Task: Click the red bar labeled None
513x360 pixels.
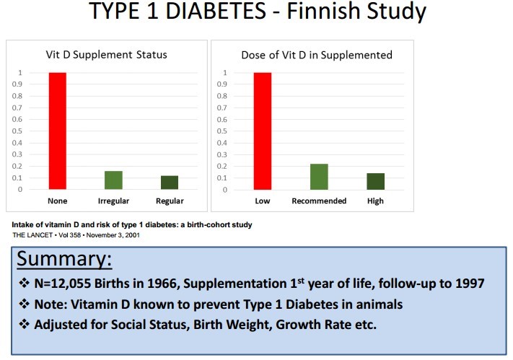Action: click(x=57, y=131)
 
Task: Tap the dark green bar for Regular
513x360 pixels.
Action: click(x=170, y=183)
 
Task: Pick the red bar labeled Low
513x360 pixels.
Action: click(x=262, y=131)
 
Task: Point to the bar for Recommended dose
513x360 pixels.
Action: click(x=319, y=177)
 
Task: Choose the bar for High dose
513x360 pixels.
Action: click(x=375, y=182)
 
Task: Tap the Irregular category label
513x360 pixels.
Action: click(x=113, y=201)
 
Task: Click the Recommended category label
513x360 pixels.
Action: click(x=319, y=201)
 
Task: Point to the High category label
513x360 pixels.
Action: click(x=375, y=201)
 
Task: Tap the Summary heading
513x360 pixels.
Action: click(x=63, y=259)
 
